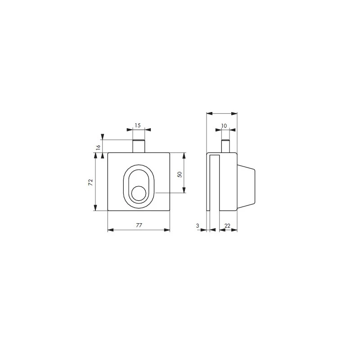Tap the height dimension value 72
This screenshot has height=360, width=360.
(x=90, y=182)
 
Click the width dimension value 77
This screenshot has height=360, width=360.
(x=139, y=225)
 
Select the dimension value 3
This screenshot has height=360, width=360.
(x=198, y=225)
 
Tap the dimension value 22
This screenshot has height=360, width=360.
(x=228, y=225)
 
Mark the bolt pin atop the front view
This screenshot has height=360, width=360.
(x=139, y=146)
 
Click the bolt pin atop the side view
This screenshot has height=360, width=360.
(x=225, y=146)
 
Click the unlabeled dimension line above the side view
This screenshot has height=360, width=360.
(x=221, y=113)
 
